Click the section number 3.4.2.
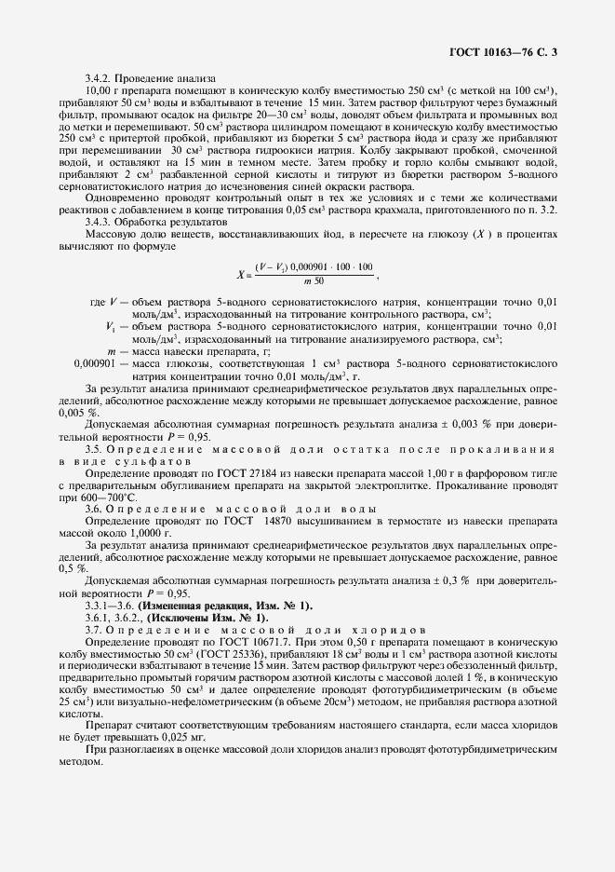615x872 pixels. [100, 78]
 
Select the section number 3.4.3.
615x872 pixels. [100, 222]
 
